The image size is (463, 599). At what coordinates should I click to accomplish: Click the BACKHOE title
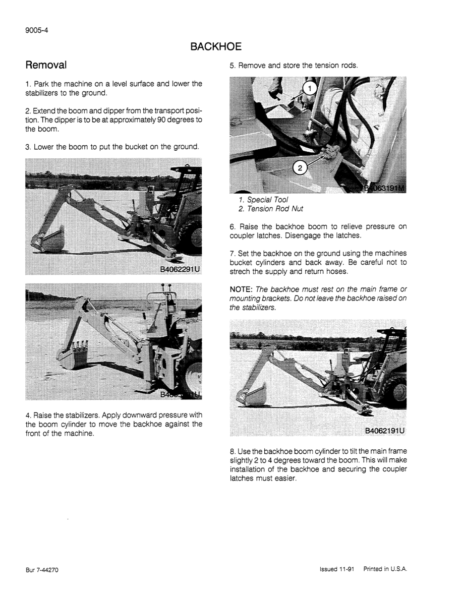tap(216, 47)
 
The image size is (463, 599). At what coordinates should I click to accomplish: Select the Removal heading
tap(46, 66)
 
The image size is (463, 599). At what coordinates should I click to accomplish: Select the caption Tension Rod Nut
tap(275, 209)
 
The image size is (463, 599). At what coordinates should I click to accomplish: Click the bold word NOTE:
tap(242, 289)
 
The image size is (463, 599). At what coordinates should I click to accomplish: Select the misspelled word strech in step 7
tap(240, 272)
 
